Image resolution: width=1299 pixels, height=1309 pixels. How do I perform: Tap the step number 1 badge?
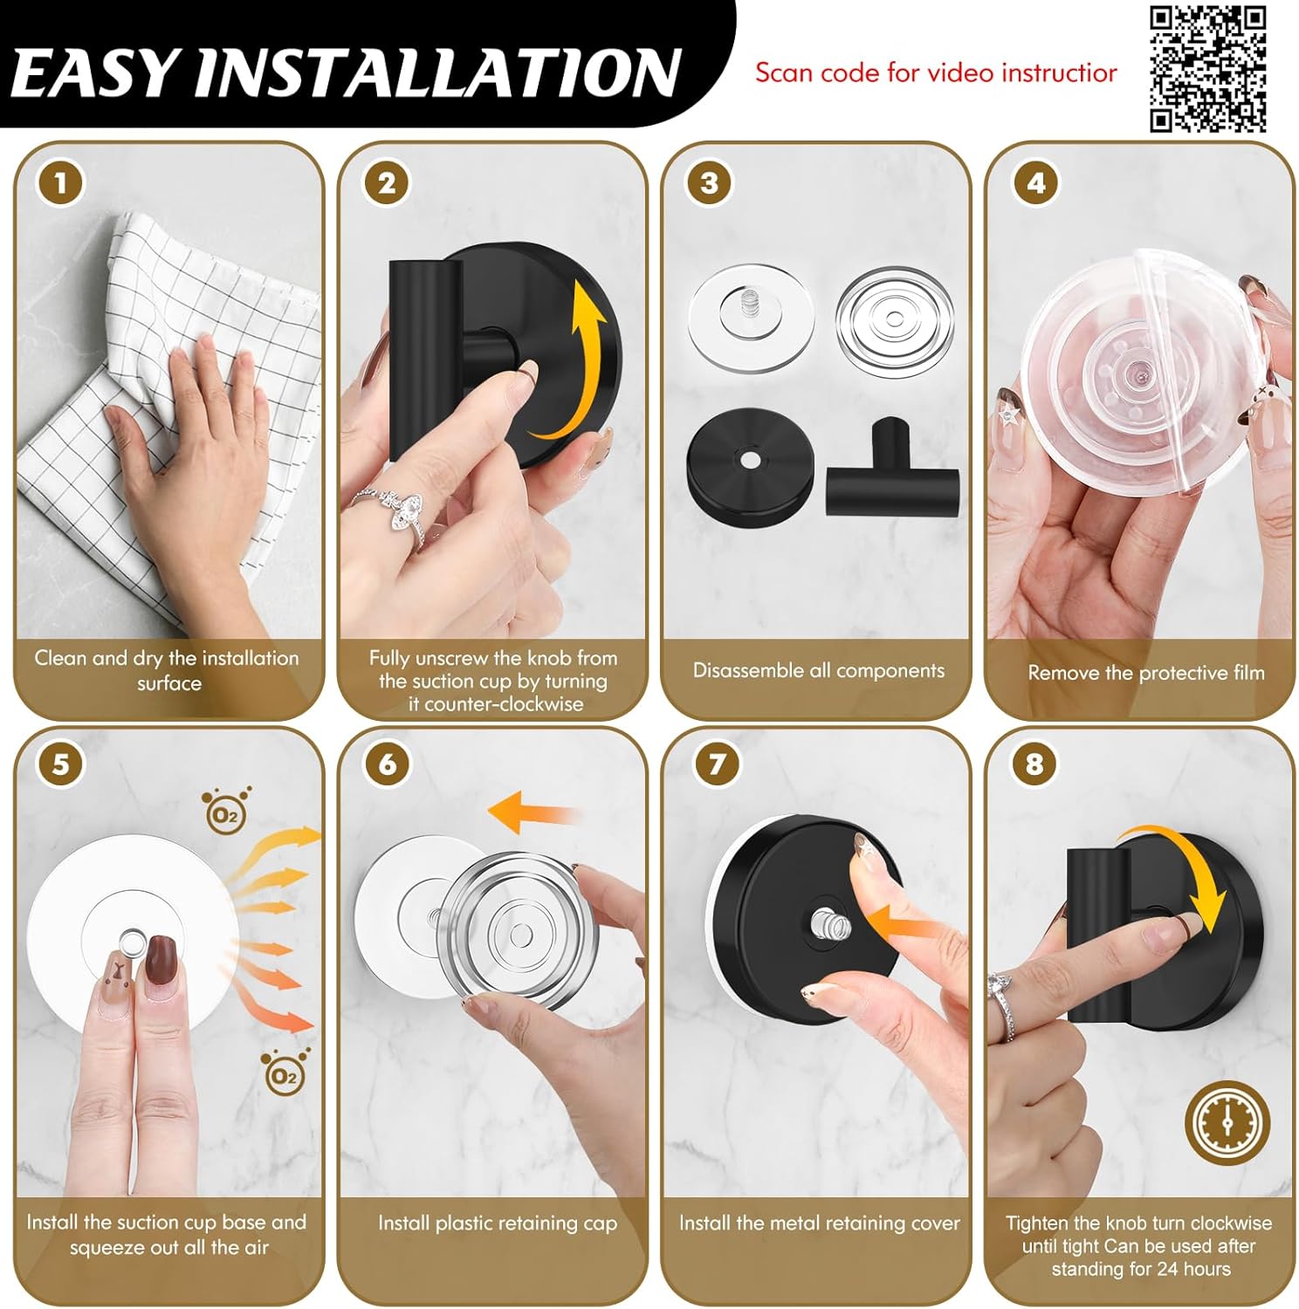(60, 183)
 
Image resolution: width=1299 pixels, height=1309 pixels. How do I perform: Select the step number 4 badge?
(1035, 183)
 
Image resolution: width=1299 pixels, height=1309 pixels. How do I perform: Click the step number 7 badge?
(716, 764)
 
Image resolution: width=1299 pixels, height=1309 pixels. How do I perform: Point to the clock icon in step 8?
(1227, 1123)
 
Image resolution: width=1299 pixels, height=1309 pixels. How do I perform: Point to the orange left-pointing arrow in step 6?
(528, 812)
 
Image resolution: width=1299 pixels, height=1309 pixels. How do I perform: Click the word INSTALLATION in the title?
(436, 73)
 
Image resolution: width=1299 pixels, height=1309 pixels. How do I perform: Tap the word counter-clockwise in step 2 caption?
(495, 703)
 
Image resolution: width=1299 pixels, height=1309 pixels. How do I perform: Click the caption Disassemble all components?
(818, 670)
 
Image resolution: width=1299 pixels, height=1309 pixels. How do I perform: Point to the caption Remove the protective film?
(1145, 673)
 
